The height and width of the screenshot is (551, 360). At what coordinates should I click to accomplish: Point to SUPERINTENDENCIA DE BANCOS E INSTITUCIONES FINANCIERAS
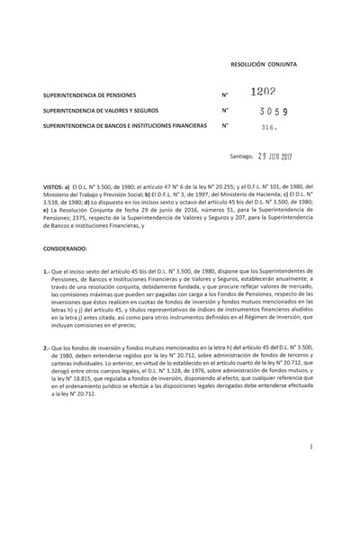tap(124, 126)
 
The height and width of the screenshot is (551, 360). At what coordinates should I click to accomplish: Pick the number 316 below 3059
tap(269, 128)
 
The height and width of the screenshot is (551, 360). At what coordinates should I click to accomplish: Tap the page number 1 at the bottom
tap(334, 446)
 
